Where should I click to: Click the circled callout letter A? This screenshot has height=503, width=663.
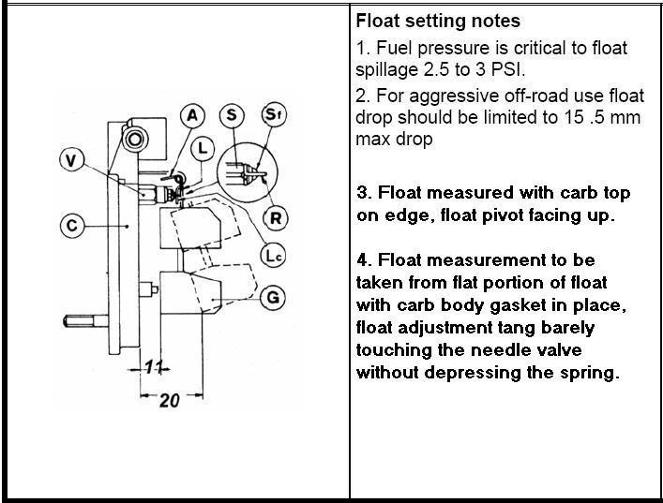[x=192, y=115]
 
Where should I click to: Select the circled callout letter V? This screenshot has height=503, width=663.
[x=72, y=160]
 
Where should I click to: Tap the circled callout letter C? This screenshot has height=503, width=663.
[x=72, y=225]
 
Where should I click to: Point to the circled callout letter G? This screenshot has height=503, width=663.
[x=272, y=298]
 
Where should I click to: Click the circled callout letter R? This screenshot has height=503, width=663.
[x=276, y=218]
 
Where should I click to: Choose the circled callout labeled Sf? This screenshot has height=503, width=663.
[x=271, y=115]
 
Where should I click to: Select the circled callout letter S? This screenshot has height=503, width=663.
[x=231, y=115]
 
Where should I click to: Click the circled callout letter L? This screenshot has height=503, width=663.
[x=203, y=148]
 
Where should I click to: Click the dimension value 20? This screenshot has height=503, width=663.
[x=168, y=400]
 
